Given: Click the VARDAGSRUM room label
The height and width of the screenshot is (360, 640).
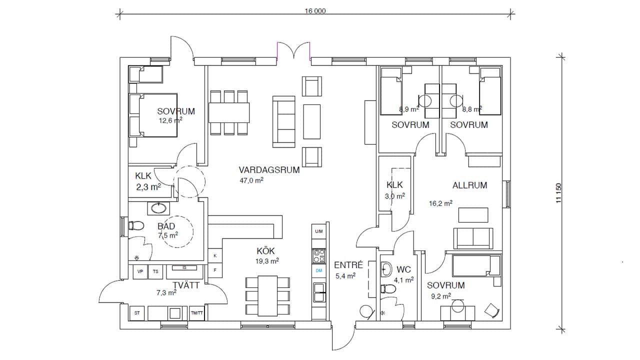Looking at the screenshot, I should [269, 169].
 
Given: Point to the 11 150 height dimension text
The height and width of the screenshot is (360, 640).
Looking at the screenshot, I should [559, 193].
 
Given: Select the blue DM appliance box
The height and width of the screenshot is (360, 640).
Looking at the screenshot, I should [318, 270].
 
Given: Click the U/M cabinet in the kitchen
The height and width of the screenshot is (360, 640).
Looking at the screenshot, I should [318, 231].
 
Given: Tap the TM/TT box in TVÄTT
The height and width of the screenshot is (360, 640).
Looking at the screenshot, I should [197, 313].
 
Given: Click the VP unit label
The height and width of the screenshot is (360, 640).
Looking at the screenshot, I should [139, 271].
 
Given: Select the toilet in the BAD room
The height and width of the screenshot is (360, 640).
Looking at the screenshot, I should [135, 225].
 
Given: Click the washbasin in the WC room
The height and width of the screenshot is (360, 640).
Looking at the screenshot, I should [386, 270].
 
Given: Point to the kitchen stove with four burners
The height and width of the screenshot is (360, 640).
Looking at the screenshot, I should [318, 255].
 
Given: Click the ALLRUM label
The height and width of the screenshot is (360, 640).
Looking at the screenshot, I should [469, 185].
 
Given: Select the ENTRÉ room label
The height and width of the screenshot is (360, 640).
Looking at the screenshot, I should [345, 265].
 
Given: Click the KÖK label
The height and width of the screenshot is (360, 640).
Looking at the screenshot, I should [266, 250].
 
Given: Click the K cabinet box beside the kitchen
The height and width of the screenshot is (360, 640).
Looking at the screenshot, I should [215, 256].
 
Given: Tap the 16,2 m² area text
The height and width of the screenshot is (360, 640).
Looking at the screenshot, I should [440, 203].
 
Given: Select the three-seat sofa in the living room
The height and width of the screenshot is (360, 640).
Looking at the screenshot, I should [284, 121].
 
